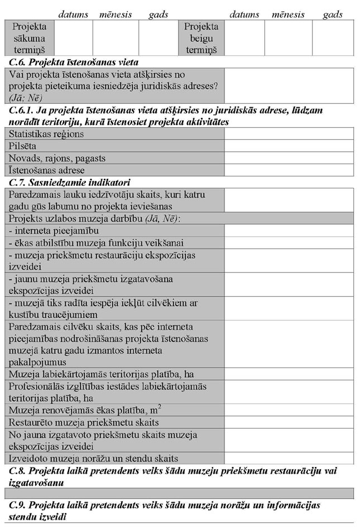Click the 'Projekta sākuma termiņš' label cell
coord(30,38)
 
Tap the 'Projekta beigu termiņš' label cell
coord(201,38)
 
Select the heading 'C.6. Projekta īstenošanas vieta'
coord(74,62)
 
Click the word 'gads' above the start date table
coord(159,15)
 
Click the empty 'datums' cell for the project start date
coord(73,38)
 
